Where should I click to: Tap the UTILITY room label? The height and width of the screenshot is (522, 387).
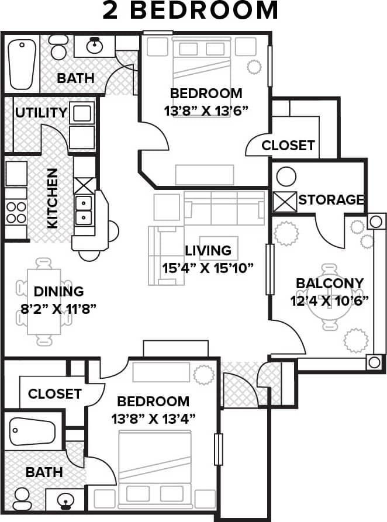pyautogui.click(x=41, y=112)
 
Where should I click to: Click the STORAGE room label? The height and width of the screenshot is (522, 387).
pyautogui.click(x=331, y=199)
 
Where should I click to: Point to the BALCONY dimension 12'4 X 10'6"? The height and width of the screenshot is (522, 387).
pyautogui.click(x=329, y=301)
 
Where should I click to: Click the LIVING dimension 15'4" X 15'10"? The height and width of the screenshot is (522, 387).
pyautogui.click(x=208, y=268)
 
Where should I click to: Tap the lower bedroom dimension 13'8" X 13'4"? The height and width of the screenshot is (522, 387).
pyautogui.click(x=153, y=419)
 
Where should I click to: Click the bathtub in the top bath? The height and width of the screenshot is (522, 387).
pyautogui.click(x=22, y=63)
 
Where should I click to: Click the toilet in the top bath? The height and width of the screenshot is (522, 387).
pyautogui.click(x=58, y=47)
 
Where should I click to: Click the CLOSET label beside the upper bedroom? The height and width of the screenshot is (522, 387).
pyautogui.click(x=288, y=146)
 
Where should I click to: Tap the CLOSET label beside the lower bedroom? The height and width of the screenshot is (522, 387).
pyautogui.click(x=54, y=394)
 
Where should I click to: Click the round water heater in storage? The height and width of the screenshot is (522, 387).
pyautogui.click(x=286, y=176)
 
